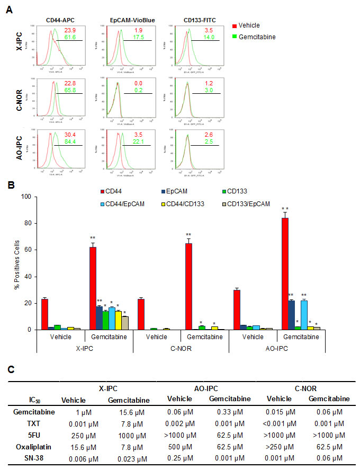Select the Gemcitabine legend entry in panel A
tap(257, 36)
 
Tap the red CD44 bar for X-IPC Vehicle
tap(45, 314)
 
